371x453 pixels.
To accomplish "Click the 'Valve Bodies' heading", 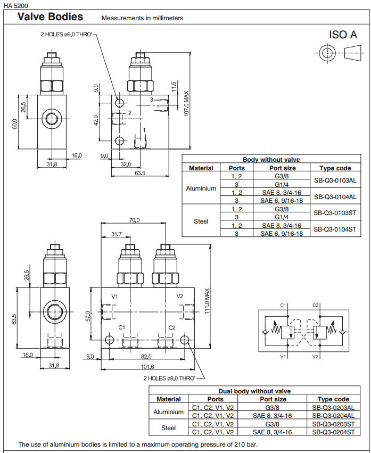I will (50, 17).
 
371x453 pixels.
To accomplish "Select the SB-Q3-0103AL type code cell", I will (335, 180).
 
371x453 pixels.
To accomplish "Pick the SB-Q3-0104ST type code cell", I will (335, 229).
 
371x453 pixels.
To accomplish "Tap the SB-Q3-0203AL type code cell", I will (333, 407).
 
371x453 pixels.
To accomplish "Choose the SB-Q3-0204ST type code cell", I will (333, 432).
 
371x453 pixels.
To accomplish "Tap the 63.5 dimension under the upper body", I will (140, 174).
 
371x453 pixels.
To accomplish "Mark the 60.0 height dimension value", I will (15, 123).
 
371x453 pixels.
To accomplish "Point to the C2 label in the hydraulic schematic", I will (316, 305).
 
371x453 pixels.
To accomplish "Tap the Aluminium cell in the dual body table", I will (168, 411).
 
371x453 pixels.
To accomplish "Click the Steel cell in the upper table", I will (201, 221).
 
